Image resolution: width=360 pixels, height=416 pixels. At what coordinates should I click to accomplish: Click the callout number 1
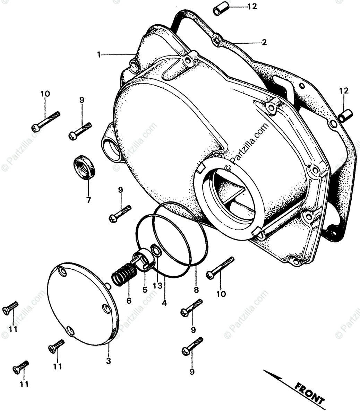[99, 54]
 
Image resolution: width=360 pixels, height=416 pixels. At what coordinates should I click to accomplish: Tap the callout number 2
[264, 43]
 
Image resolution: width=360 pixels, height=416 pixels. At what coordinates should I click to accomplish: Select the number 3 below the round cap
[108, 361]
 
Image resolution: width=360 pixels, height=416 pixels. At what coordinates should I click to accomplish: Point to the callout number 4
[164, 302]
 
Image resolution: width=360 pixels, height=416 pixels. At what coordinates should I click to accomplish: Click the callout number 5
[145, 289]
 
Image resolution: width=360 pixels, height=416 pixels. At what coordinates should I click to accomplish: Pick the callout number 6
[129, 301]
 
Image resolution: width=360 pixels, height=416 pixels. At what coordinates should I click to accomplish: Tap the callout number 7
[88, 200]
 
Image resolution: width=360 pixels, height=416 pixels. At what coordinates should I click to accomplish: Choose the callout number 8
[196, 289]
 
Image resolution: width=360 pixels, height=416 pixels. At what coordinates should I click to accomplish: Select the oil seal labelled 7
[85, 168]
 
